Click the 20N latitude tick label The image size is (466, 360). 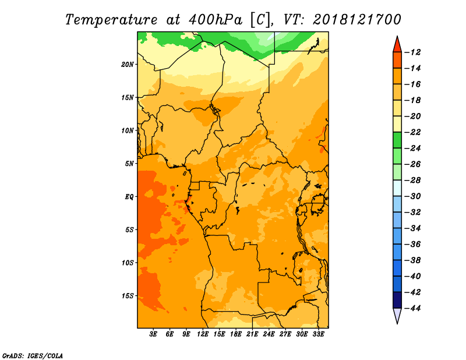[128, 64]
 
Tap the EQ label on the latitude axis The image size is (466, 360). [129, 197]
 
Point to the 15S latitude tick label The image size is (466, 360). [128, 296]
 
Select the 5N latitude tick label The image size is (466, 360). [129, 164]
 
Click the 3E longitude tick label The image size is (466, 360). [153, 334]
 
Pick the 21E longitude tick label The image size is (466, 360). [252, 334]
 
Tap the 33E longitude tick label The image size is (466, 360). [318, 334]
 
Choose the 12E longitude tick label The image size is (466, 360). [202, 334]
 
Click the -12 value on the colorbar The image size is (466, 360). [413, 52]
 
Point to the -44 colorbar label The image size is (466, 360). [413, 308]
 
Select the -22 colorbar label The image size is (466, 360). [413, 132]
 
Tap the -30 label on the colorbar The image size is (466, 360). [413, 196]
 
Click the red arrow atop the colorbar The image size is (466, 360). [397, 45]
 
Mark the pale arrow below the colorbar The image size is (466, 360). [397, 315]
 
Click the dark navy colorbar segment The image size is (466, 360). [397, 300]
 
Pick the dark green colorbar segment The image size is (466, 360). [397, 140]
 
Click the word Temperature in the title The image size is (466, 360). [111, 20]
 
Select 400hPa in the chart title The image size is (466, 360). [215, 20]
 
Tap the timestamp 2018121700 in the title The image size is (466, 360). [357, 20]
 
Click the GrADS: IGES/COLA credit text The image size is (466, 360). [33, 356]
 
